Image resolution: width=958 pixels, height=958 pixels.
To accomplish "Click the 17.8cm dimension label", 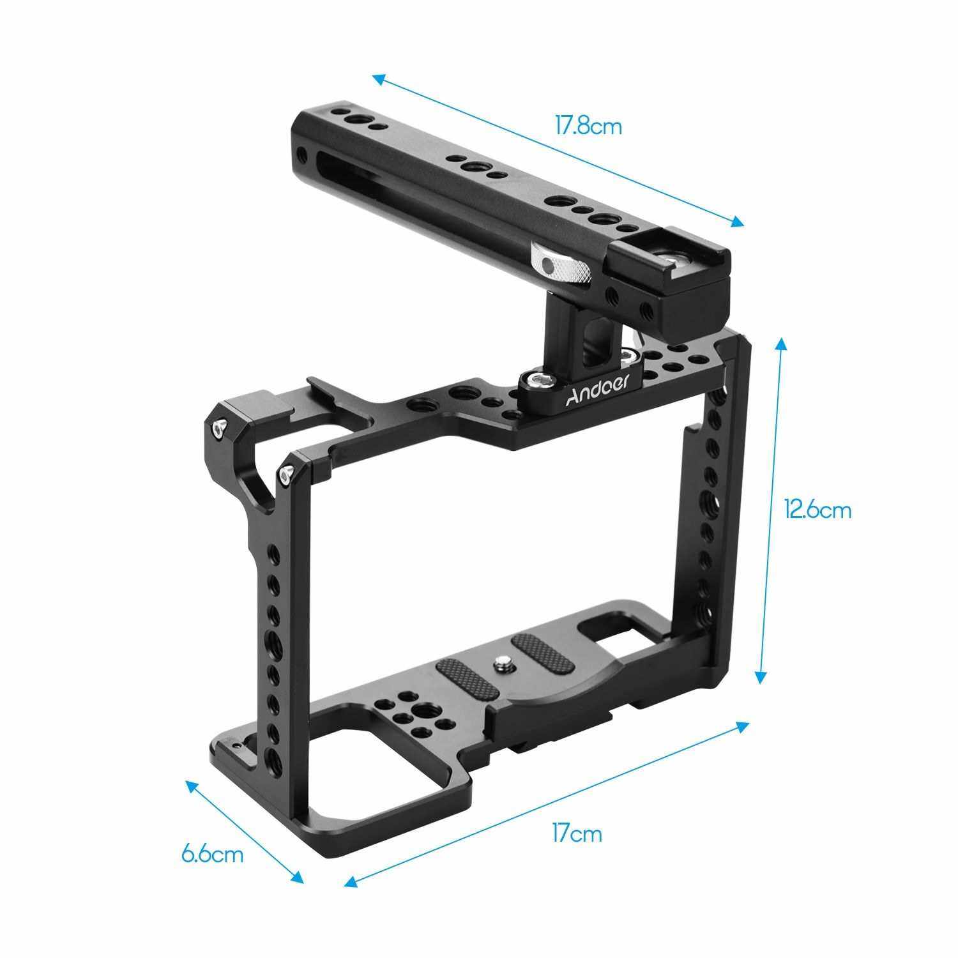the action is (588, 126).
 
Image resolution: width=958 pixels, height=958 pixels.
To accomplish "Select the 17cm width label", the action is (577, 833).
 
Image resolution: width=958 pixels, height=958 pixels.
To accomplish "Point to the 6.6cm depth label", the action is (212, 854).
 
